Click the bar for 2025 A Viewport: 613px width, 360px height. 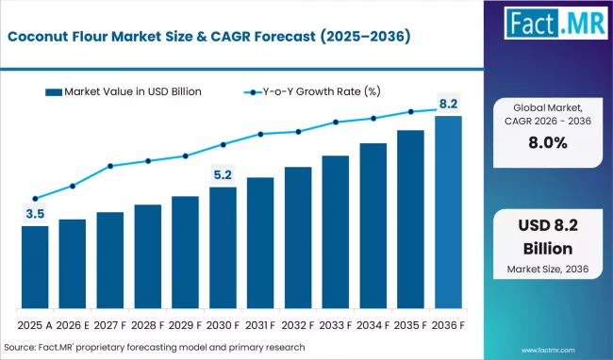[x=35, y=268]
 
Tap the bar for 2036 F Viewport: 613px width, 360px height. [x=448, y=213]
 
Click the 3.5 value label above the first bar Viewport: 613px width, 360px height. [x=35, y=215]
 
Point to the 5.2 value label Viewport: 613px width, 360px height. [x=223, y=174]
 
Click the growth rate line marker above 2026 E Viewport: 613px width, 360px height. [x=73, y=186]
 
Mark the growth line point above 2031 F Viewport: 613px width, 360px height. [x=260, y=134]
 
